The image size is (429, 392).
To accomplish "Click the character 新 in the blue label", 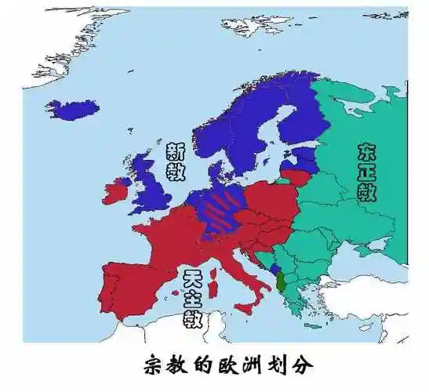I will coord(176,151).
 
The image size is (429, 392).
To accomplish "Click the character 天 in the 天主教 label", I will coord(192,278).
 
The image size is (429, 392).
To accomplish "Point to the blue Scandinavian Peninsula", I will coord(235,125).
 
